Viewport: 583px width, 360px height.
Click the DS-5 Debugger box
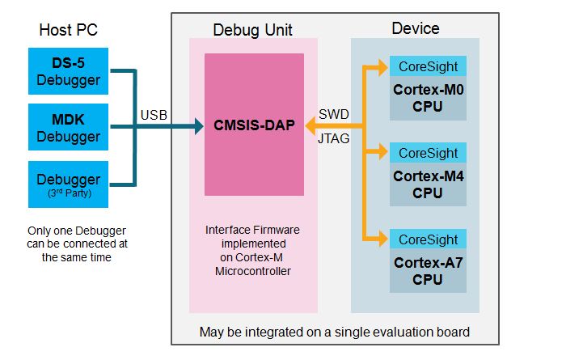click(x=69, y=70)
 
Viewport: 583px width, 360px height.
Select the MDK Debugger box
click(x=69, y=126)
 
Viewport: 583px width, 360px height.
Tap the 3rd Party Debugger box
click(x=69, y=183)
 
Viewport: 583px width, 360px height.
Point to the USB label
click(x=154, y=115)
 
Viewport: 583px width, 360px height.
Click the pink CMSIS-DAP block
click(x=254, y=126)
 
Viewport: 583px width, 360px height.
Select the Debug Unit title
click(x=253, y=31)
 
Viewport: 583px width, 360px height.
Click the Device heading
click(x=415, y=28)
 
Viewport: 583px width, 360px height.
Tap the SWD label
click(x=334, y=114)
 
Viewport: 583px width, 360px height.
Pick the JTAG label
click(x=334, y=139)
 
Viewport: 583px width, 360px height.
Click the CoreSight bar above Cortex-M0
click(x=428, y=66)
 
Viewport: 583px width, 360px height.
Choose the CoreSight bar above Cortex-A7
click(x=428, y=239)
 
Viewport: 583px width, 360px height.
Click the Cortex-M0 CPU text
click(x=428, y=97)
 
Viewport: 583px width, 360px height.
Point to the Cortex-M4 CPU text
click(x=428, y=184)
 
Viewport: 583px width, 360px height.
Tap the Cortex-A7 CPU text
click(x=428, y=271)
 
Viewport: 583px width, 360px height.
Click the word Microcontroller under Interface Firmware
click(x=253, y=271)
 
